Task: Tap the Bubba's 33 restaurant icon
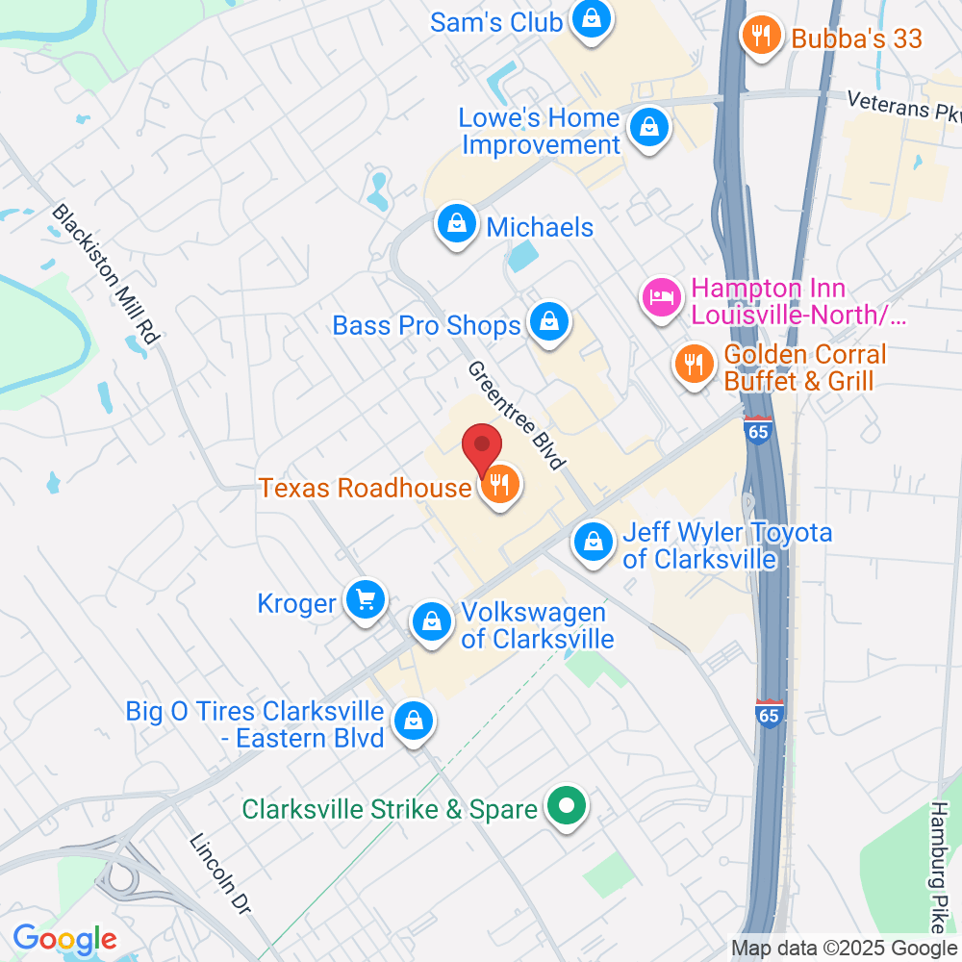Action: pyautogui.click(x=760, y=37)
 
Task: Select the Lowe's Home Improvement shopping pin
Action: pyautogui.click(x=649, y=126)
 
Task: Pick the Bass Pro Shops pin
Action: pyautogui.click(x=548, y=322)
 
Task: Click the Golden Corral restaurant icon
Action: pyautogui.click(x=693, y=364)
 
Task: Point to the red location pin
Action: pyautogui.click(x=482, y=449)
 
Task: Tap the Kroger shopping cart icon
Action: pyautogui.click(x=366, y=601)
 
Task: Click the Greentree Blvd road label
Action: pyautogui.click(x=516, y=416)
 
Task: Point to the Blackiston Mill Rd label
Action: pyautogui.click(x=105, y=275)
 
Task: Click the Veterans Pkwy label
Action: pyautogui.click(x=904, y=105)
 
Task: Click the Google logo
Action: pyautogui.click(x=64, y=938)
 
